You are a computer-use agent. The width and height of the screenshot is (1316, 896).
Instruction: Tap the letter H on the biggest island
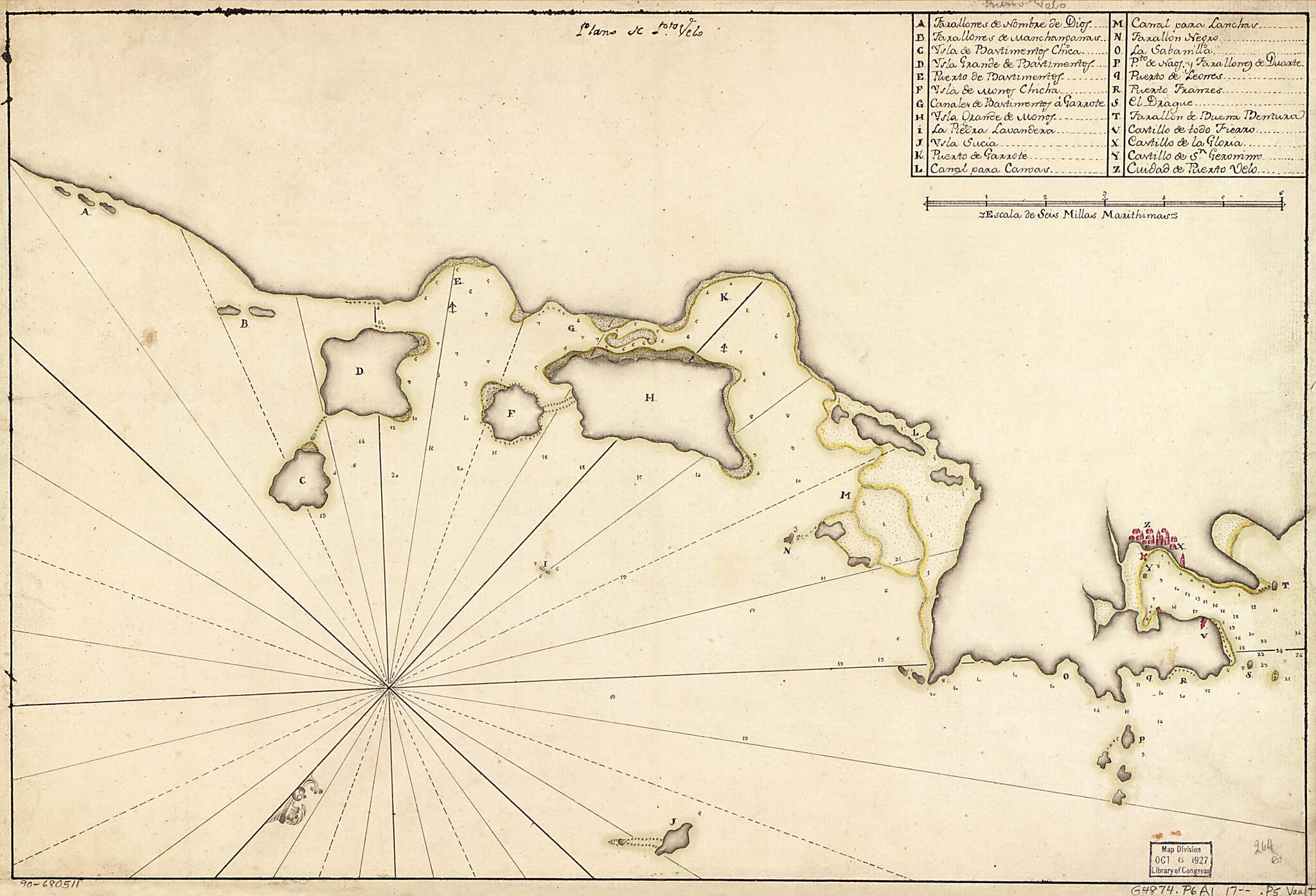650,398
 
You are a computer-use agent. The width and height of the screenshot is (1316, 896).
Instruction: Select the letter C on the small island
301,480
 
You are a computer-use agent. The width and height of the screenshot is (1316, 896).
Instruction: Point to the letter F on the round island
511,413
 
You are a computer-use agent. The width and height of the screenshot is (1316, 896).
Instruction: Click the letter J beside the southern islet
673,822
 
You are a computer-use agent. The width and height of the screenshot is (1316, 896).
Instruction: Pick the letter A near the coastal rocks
84,211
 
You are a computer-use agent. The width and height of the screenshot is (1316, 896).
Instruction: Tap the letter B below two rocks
244,325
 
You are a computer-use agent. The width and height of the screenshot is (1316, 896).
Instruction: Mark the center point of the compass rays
389,688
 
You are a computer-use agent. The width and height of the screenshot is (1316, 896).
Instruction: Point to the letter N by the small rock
787,551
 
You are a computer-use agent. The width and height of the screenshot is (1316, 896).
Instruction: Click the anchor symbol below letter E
452,307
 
